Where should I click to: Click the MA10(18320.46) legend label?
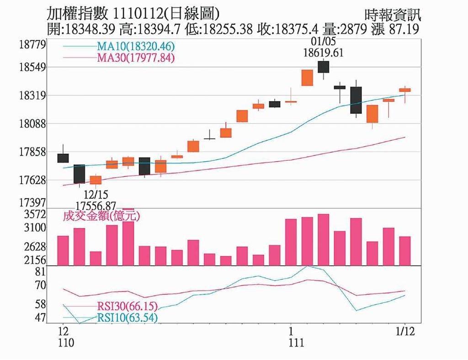[x=136, y=46]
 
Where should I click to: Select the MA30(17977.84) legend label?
[x=136, y=58]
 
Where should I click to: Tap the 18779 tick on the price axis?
[x=33, y=45]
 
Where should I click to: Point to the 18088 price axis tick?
[x=33, y=124]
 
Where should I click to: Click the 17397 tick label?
[x=33, y=202]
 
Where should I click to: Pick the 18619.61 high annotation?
[x=323, y=53]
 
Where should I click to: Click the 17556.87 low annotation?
[x=96, y=206]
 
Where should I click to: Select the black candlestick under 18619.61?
[x=324, y=67]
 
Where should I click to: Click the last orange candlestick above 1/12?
[x=405, y=90]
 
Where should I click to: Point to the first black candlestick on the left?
[x=63, y=158]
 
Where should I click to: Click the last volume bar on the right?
[x=405, y=251]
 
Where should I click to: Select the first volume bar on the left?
[x=63, y=250]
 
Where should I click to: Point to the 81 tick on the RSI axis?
[x=41, y=272]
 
